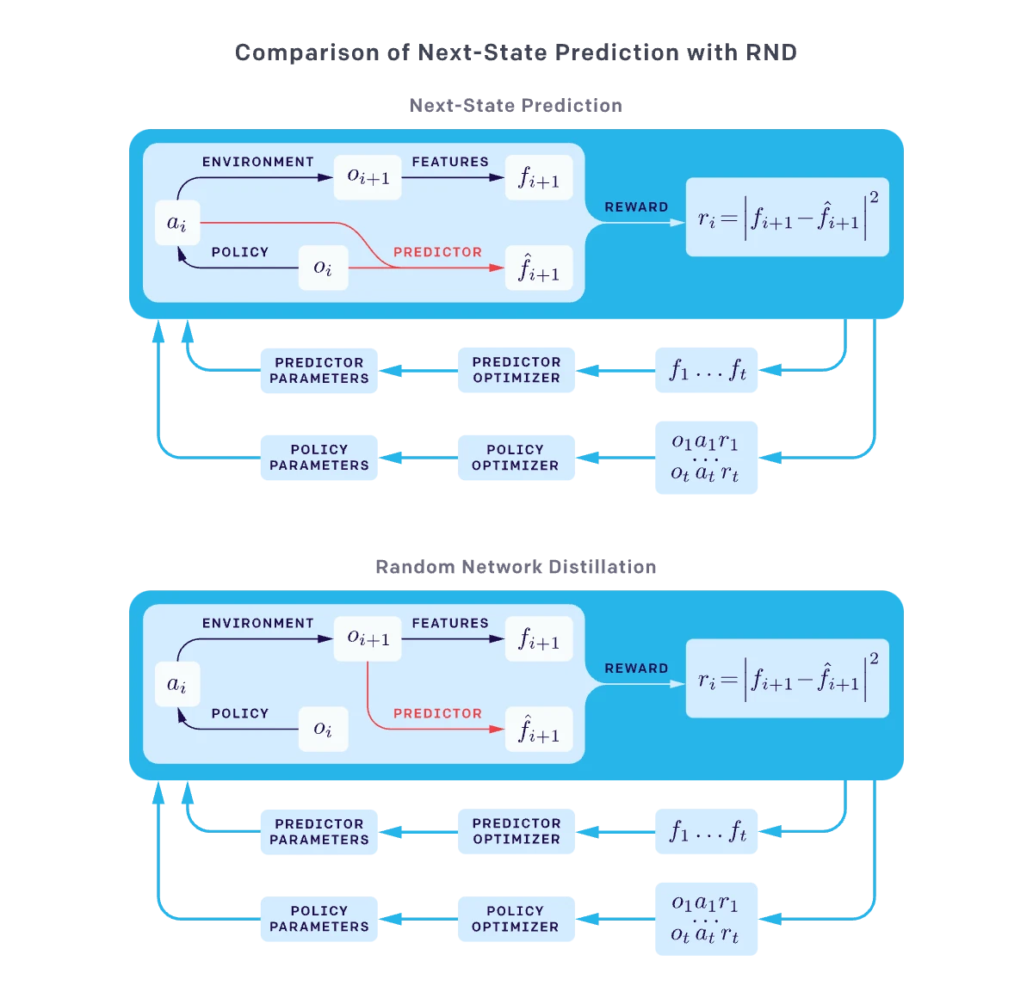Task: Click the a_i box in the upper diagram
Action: coord(177,223)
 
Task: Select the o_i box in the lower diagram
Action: coord(323,729)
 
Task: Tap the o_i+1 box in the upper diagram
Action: coord(368,177)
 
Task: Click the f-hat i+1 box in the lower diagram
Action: coord(539,730)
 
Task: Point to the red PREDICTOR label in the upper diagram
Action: coord(437,252)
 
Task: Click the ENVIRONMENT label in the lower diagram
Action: coord(257,623)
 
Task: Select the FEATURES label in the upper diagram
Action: coord(449,162)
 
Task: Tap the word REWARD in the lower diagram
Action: coord(636,668)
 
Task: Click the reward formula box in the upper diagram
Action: coord(787,217)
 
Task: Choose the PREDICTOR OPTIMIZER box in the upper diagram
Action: coord(516,371)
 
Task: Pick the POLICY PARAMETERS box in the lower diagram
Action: coord(318,919)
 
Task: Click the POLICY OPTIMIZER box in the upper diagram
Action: coord(516,458)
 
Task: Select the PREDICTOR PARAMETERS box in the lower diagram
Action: coord(318,832)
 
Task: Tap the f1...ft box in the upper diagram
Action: coord(708,371)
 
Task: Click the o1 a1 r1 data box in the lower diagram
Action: coord(708,919)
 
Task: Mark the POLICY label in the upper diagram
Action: coord(239,252)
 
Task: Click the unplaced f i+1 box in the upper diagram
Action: coord(539,177)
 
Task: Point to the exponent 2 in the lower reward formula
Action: coord(874,659)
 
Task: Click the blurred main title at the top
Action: coord(516,52)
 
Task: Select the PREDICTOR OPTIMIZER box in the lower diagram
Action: coord(516,832)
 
